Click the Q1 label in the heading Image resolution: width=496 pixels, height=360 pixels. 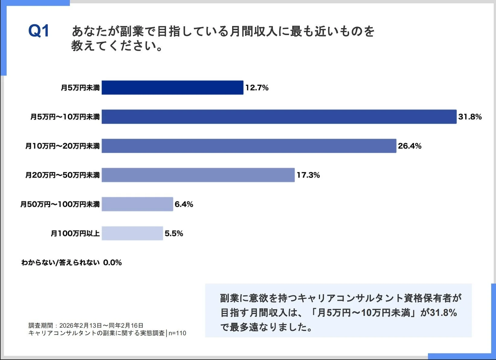coord(38,31)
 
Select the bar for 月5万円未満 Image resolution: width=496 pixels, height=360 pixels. coord(172,88)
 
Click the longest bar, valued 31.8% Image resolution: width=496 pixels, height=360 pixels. coord(279,117)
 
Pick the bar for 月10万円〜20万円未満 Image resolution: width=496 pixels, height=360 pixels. coord(249,146)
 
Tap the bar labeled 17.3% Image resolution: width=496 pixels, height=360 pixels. coord(198,175)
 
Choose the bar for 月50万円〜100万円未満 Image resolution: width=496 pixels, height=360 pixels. coord(137,204)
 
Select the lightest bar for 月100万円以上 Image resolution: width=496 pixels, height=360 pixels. coord(132,233)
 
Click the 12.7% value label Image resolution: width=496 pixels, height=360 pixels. coord(257,88)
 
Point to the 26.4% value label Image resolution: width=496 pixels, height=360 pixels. coord(409,146)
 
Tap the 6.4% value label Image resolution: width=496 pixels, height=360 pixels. coord(184,204)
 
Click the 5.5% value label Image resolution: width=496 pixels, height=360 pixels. coord(174,233)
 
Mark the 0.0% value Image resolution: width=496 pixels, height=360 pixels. coord(112,262)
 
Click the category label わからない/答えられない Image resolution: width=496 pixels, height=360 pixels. coord(60,262)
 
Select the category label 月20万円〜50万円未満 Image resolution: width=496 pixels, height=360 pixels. coord(62,175)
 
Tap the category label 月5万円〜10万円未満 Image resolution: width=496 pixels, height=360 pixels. coord(65,117)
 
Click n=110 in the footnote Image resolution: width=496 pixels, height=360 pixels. coord(177,333)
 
